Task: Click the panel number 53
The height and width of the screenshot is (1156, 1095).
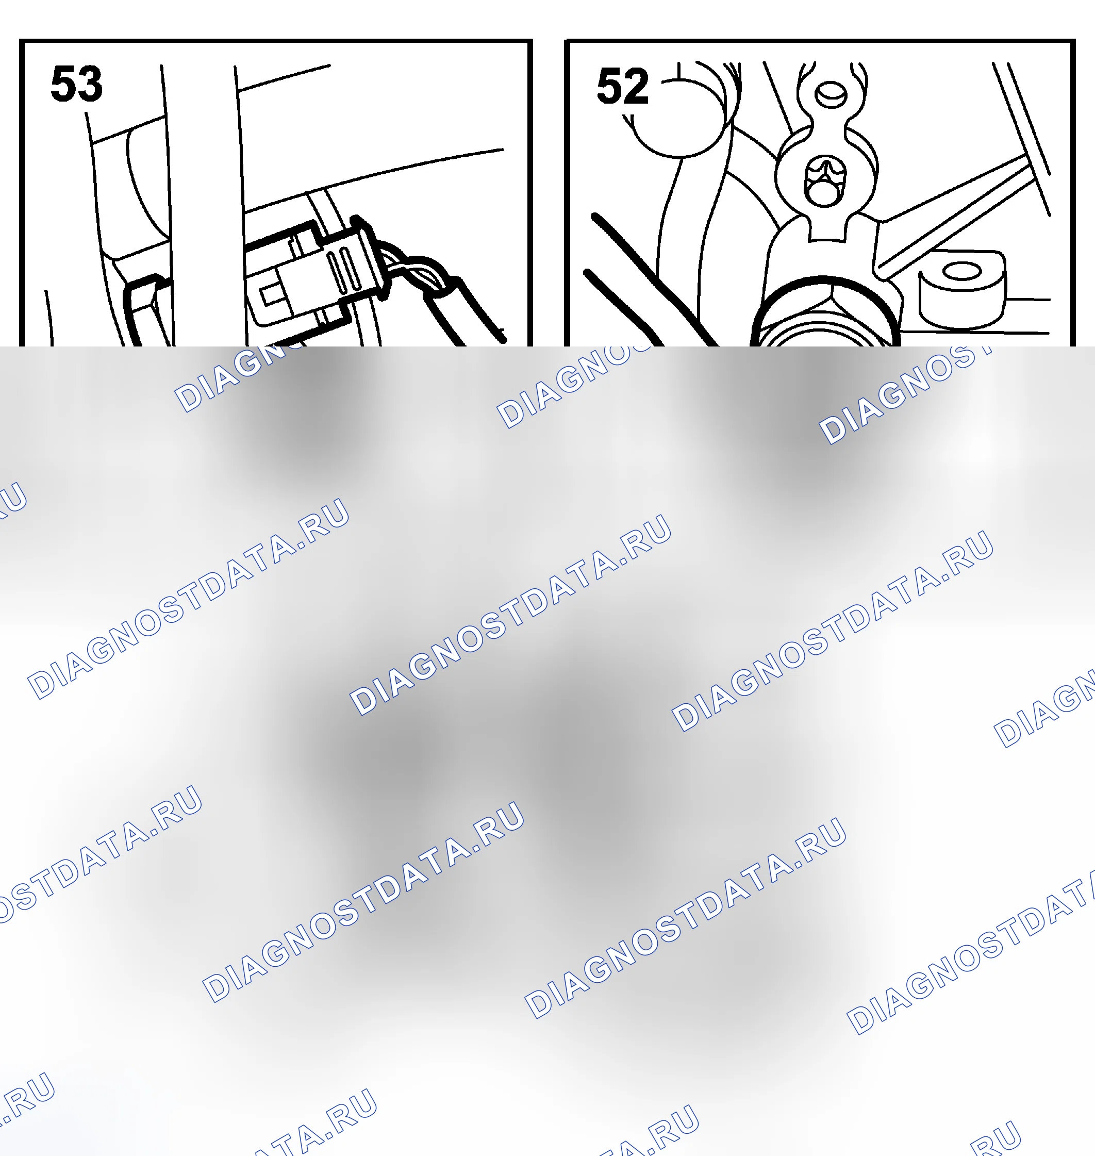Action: click(x=76, y=84)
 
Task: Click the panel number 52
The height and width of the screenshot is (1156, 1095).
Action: click(x=622, y=87)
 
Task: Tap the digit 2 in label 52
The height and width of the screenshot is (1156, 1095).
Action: click(x=636, y=87)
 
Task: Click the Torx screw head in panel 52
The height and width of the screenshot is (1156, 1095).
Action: click(x=824, y=180)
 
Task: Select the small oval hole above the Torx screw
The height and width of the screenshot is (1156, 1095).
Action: click(x=829, y=94)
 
